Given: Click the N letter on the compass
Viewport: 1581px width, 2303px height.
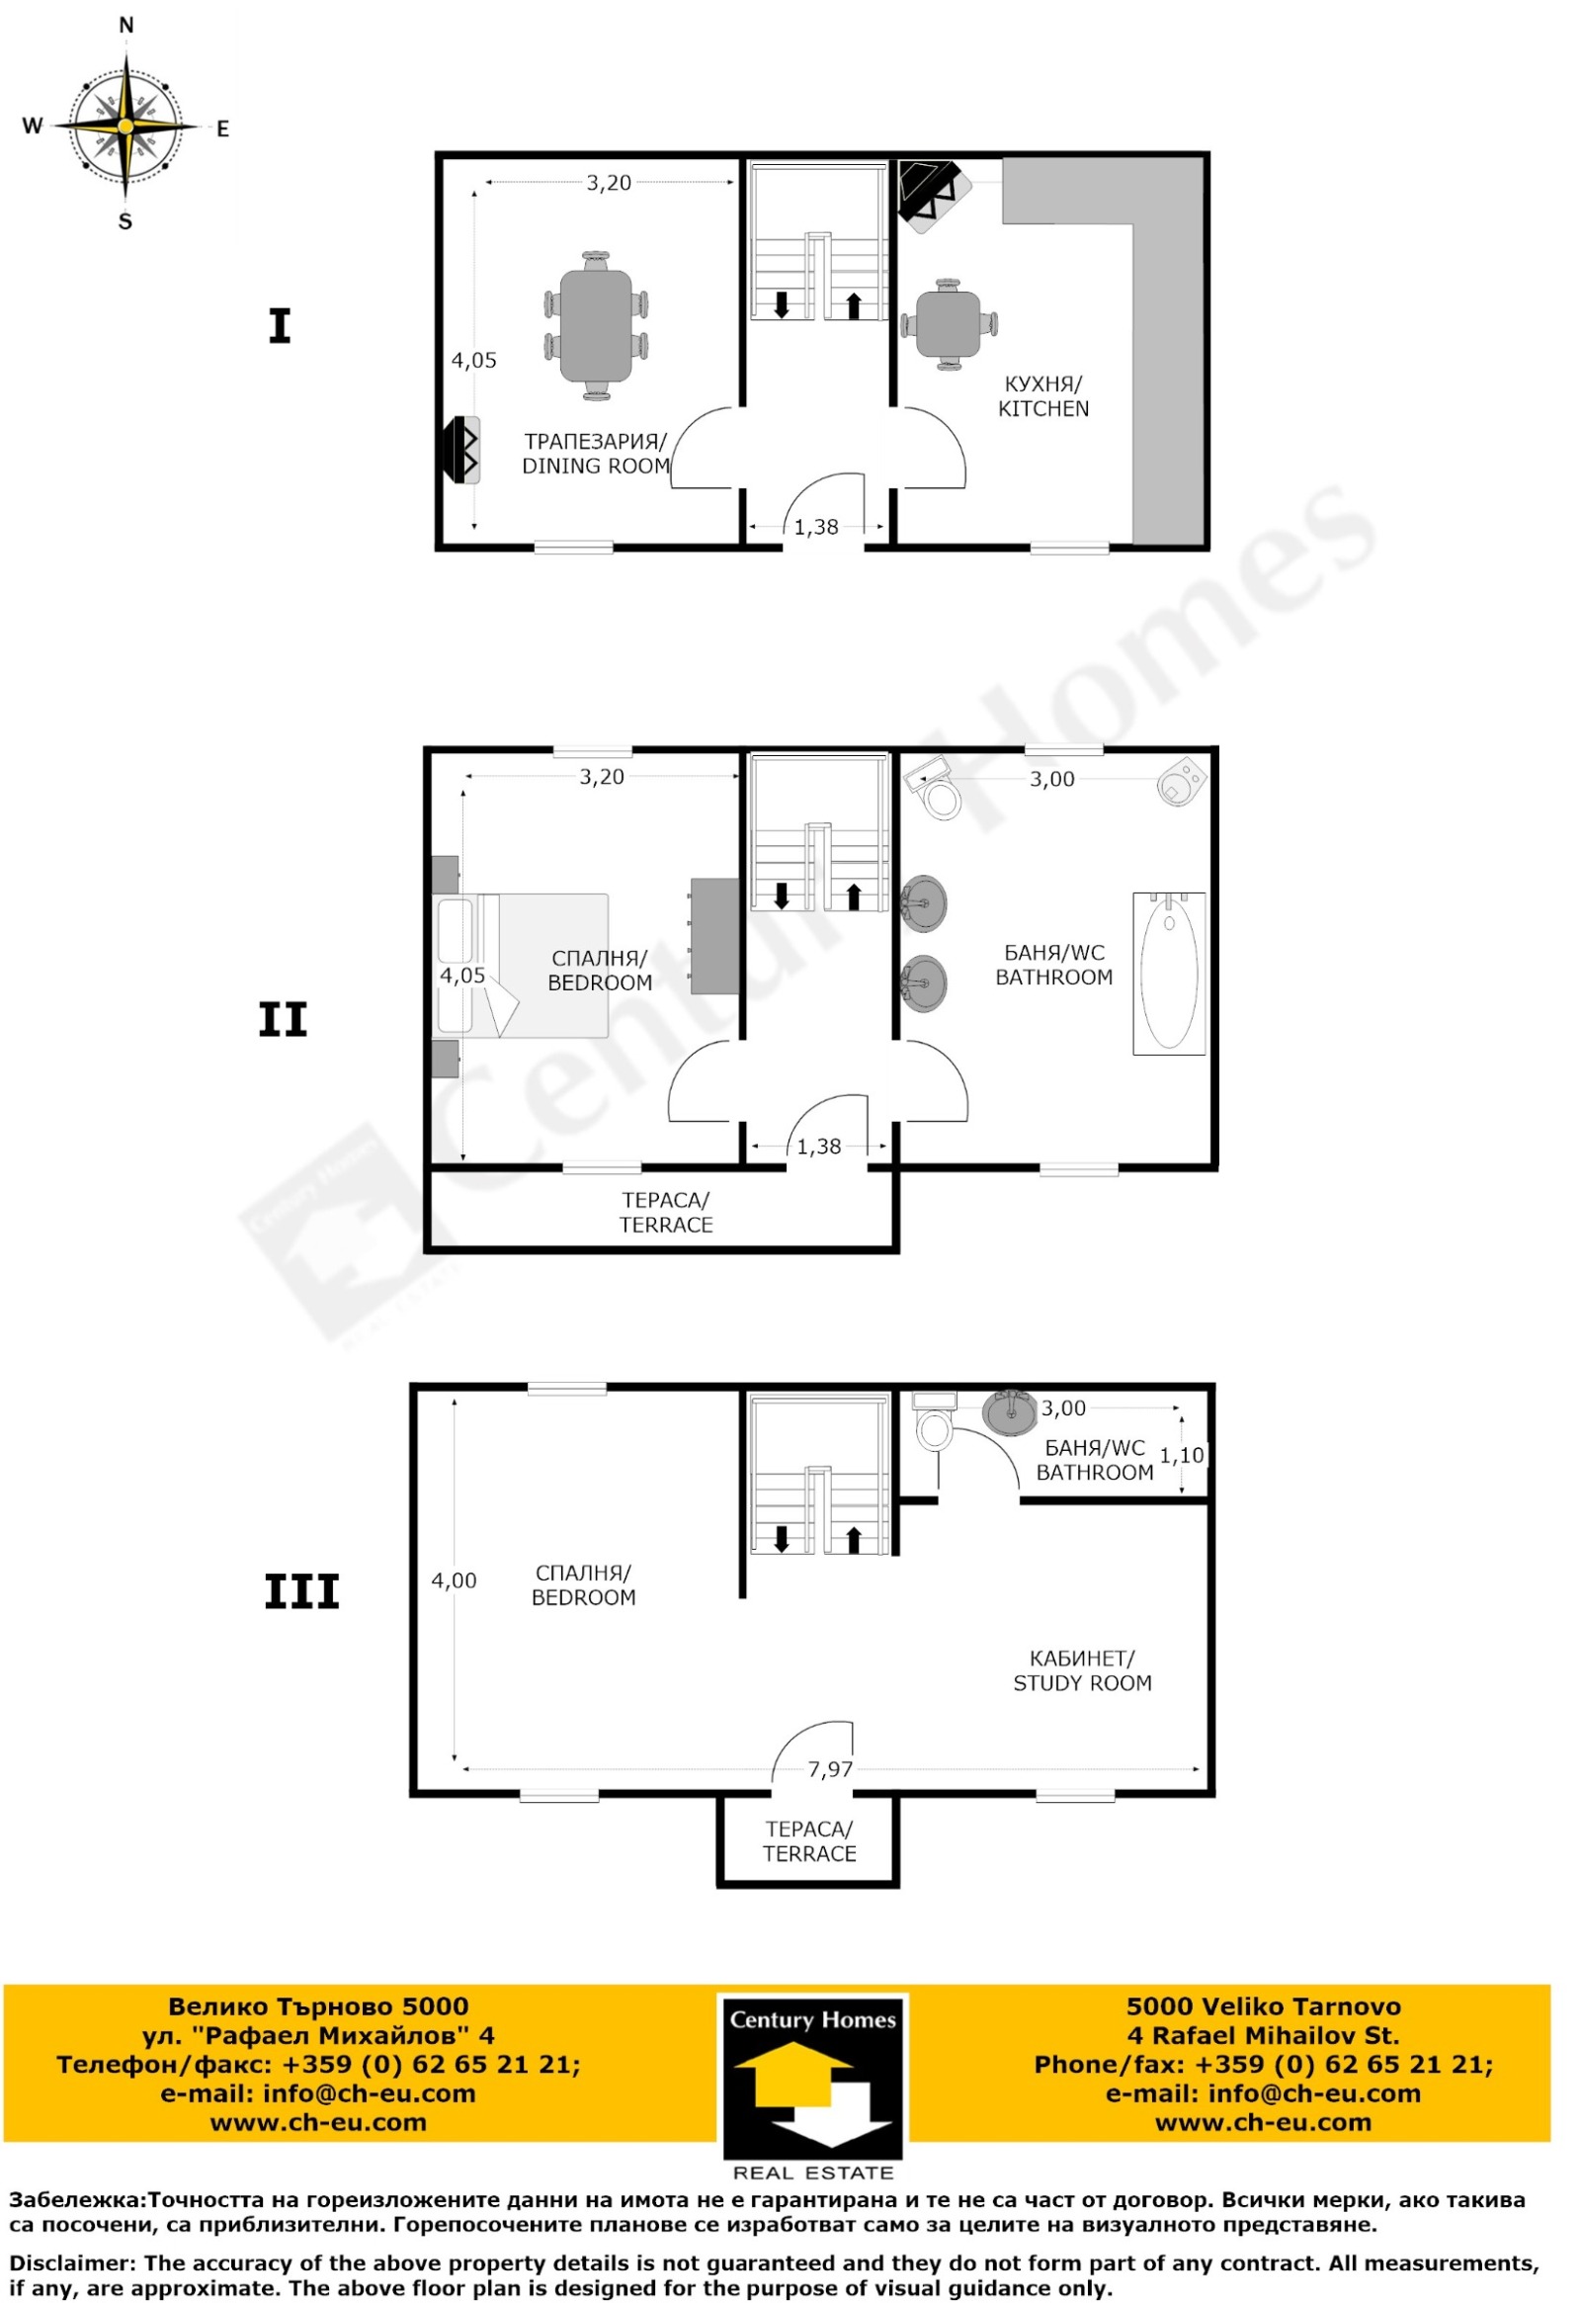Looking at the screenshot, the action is (126, 26).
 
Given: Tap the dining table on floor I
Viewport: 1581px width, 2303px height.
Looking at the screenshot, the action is (596, 326).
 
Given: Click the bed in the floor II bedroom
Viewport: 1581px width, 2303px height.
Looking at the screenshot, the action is (521, 966).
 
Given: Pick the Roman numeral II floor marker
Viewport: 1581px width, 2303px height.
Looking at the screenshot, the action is (284, 1020).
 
